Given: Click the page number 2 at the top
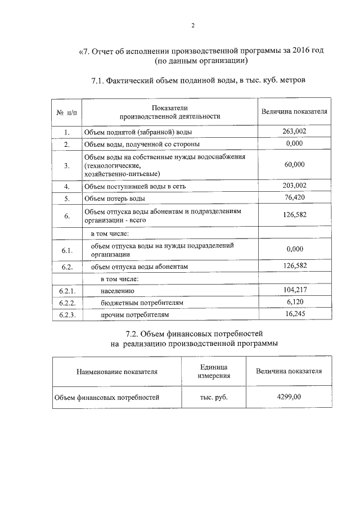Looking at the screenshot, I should pos(192,25).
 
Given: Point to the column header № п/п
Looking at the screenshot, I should pos(66,112).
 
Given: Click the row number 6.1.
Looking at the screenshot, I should pos(66,250).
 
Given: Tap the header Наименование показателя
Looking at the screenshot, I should pos(117,372).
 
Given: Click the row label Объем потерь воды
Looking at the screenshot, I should pos(114,199).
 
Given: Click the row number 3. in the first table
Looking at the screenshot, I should pos(66,165).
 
